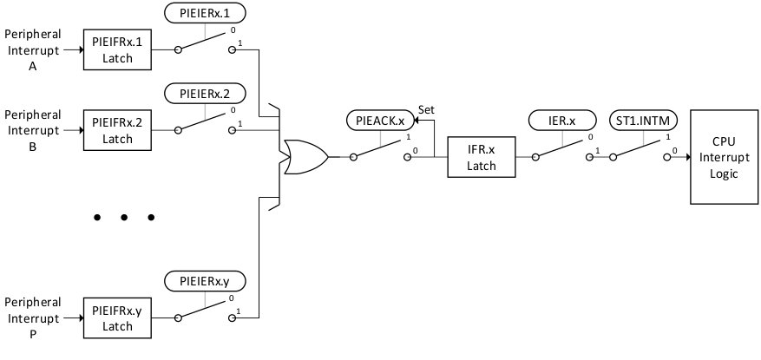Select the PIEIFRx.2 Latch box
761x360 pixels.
tap(116, 130)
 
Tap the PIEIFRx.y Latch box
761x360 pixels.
tap(116, 317)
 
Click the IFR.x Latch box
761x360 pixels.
tap(481, 157)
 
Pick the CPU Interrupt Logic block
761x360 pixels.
tap(725, 157)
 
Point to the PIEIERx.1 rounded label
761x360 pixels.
tap(205, 14)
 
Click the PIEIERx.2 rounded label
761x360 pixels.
tap(205, 93)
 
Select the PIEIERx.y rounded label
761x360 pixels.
tap(205, 281)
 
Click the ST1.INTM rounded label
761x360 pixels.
tap(642, 121)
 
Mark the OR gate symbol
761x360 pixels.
tap(304, 157)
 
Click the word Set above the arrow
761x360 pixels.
tap(427, 110)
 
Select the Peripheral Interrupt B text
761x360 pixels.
tap(32, 130)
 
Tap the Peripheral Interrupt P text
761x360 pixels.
tap(32, 317)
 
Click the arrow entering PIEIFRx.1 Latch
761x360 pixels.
tap(73, 49)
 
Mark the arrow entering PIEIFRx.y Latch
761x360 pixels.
tap(73, 317)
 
